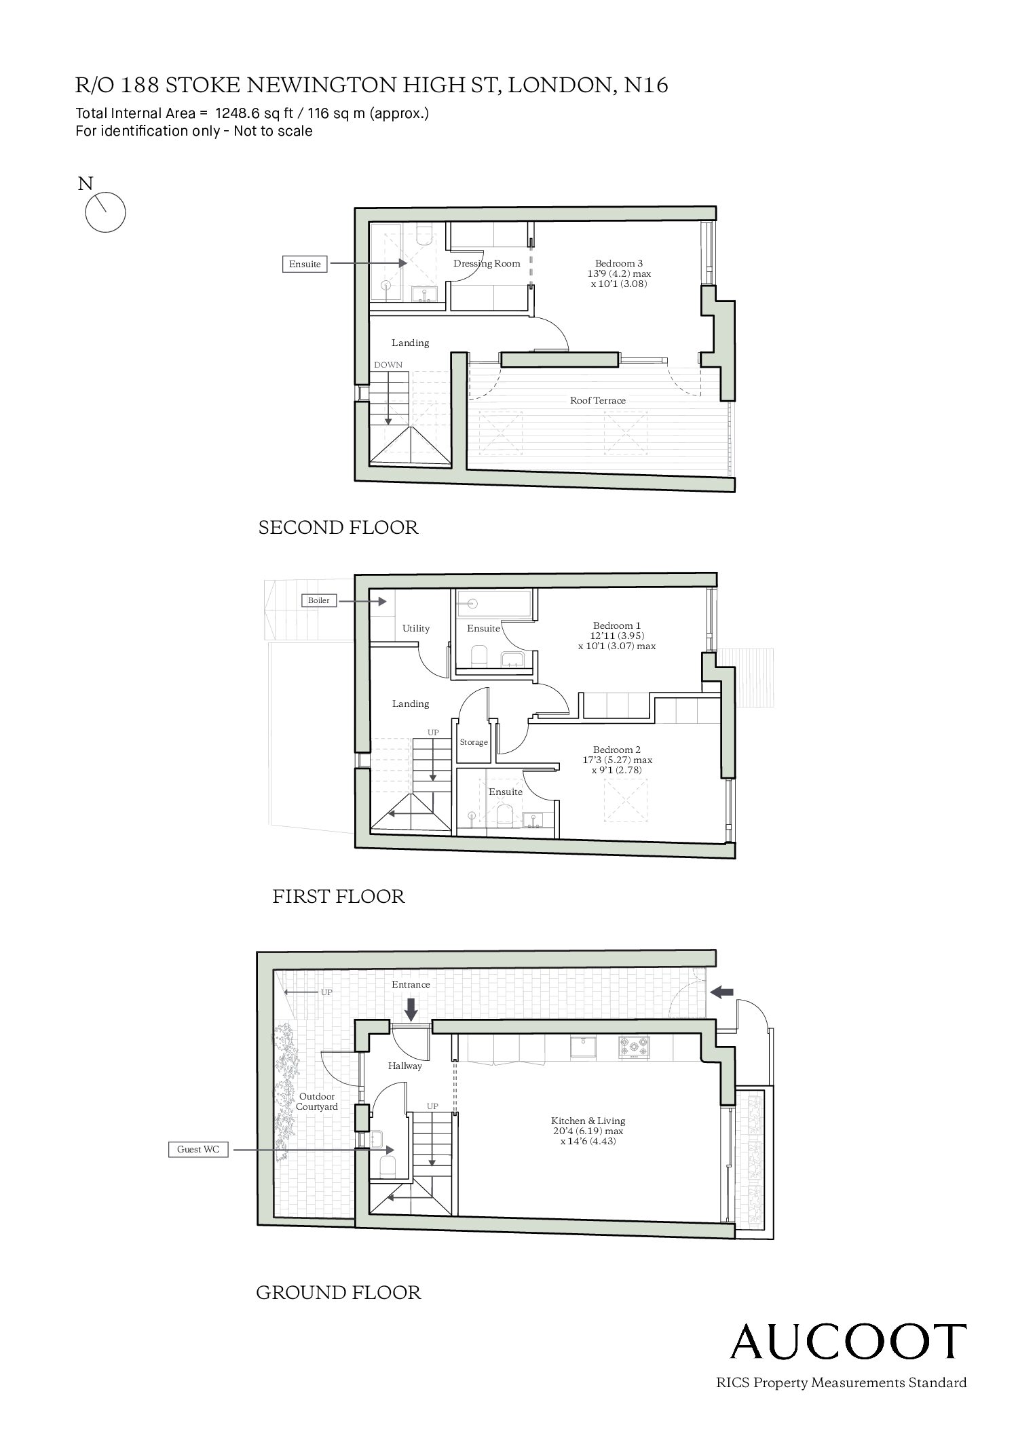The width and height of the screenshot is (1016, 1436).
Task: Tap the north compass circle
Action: point(105,212)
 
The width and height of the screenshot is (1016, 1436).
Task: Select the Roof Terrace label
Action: point(597,400)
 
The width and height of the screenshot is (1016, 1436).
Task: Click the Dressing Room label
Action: point(487,263)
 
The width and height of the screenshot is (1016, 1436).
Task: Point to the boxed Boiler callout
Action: point(319,600)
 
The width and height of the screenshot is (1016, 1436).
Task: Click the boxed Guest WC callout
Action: point(198,1149)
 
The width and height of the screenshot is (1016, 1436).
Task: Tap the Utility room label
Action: point(416,628)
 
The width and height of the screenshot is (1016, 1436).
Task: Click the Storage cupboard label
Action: point(474,742)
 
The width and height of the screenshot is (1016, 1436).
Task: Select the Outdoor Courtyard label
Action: point(317,1101)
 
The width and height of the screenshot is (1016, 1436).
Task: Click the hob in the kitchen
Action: point(634,1046)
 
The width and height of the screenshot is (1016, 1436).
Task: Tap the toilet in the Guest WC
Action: point(388,1165)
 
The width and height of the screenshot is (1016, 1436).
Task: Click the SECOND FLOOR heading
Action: point(338,527)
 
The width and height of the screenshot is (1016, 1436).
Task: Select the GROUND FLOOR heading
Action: point(338,1292)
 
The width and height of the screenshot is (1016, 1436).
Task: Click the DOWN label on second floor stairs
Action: point(388,365)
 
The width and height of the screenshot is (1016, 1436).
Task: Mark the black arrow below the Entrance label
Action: point(411,1008)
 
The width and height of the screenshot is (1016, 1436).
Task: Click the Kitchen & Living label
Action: point(588,1121)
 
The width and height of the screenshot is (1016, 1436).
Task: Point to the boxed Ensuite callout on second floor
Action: point(305,264)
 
